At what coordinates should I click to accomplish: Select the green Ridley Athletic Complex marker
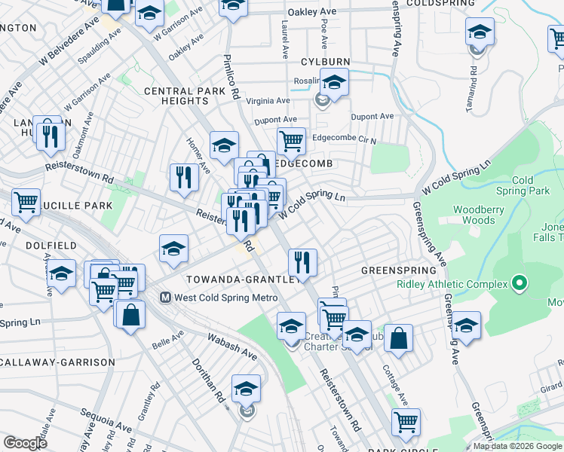(x=518, y=284)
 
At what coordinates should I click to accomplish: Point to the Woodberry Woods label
(x=474, y=215)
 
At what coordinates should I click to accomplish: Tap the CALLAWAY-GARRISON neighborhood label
(x=57, y=362)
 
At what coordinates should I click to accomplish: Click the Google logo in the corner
(x=25, y=443)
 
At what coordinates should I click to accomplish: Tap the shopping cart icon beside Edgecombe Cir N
(x=291, y=140)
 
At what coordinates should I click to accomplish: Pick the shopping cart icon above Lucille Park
(x=26, y=202)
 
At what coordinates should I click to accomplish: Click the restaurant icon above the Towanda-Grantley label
(x=302, y=262)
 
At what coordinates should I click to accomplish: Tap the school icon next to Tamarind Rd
(x=480, y=32)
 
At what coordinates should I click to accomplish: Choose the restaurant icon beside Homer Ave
(x=184, y=177)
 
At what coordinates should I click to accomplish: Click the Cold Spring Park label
(x=532, y=185)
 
